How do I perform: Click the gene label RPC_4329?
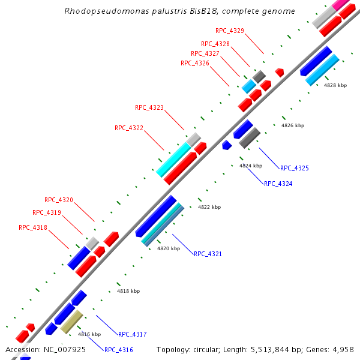click(x=229, y=31)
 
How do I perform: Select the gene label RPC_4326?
click(x=194, y=63)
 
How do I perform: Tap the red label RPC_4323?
click(x=149, y=108)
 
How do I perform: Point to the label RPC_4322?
click(x=128, y=128)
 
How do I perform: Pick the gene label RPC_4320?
click(x=58, y=200)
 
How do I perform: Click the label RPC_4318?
click(x=32, y=227)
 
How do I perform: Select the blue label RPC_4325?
click(x=294, y=168)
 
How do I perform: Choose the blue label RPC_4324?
click(x=278, y=184)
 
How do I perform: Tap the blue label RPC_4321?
click(x=208, y=254)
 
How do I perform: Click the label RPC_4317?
click(x=132, y=334)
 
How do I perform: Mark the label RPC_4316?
click(x=118, y=350)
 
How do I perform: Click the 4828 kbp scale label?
click(x=335, y=85)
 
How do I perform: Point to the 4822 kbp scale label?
click(x=209, y=207)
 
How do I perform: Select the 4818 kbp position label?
click(x=128, y=291)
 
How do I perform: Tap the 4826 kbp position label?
click(x=293, y=125)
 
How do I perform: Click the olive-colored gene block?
click(x=71, y=322)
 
